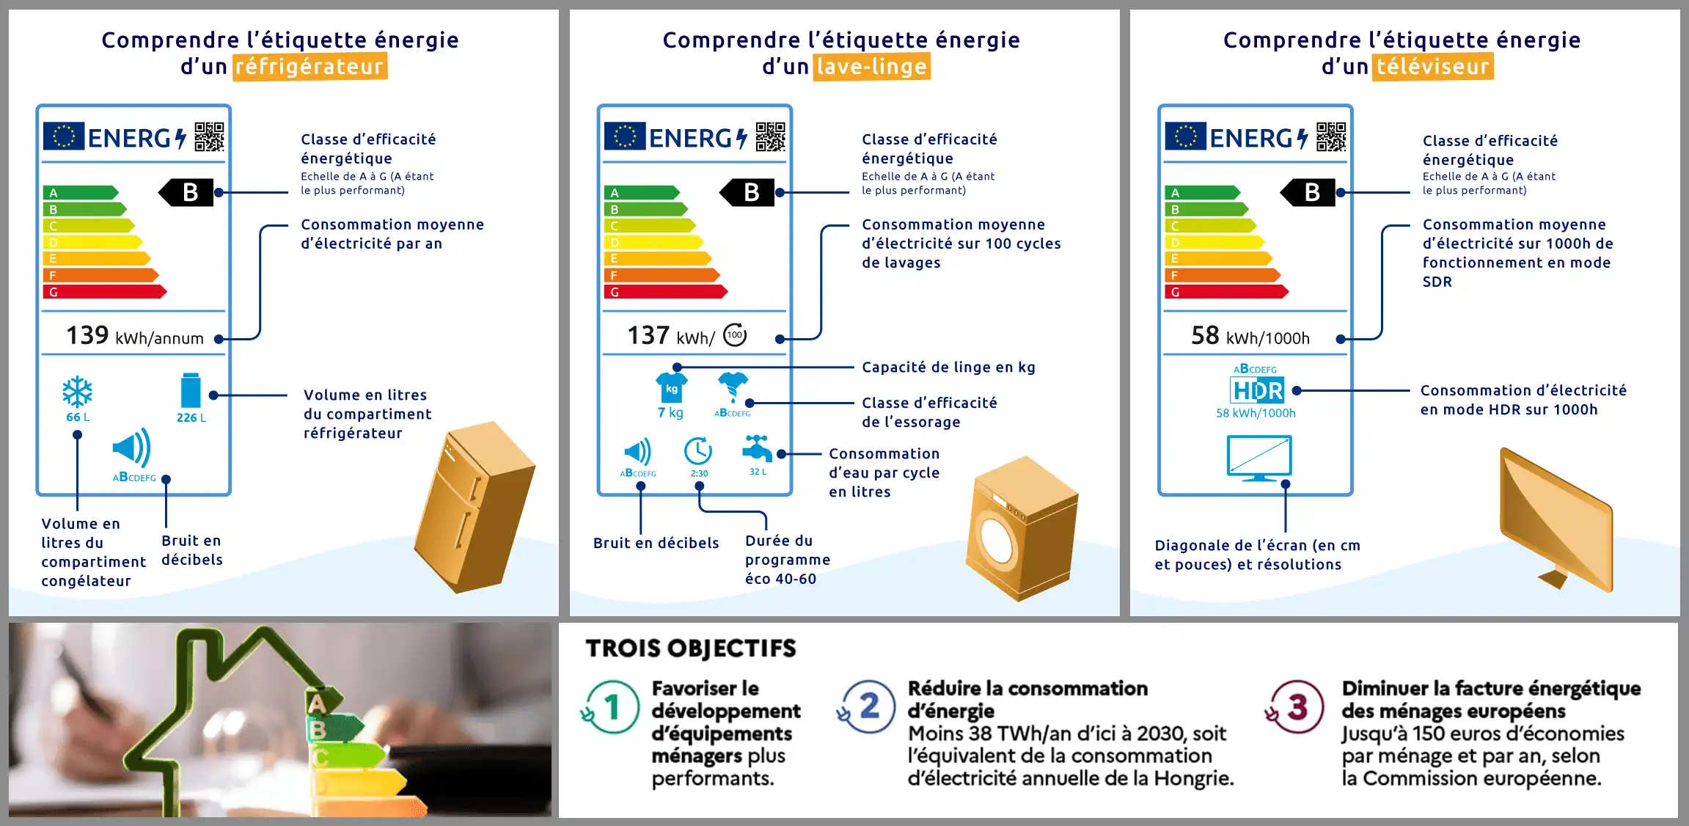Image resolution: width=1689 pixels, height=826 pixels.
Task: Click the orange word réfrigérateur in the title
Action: click(309, 67)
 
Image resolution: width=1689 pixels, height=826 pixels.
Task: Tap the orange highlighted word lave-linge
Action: click(871, 67)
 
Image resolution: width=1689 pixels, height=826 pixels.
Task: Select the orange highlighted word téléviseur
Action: click(1432, 67)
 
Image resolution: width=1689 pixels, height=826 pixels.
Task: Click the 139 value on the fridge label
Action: click(87, 336)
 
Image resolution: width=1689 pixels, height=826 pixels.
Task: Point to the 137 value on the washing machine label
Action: click(648, 336)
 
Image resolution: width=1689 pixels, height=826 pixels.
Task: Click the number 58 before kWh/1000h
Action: click(1205, 336)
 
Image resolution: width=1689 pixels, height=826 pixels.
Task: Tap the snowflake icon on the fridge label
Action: click(77, 392)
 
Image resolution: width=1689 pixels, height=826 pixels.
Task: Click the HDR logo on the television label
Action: click(1257, 390)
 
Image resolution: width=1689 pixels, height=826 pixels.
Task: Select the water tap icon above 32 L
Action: click(757, 448)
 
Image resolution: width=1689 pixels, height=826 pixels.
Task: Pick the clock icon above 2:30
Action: click(698, 451)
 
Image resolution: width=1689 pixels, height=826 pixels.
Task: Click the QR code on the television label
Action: click(1331, 136)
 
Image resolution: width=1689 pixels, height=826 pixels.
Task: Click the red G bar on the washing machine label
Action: click(664, 292)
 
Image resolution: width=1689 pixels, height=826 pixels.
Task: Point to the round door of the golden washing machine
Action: click(997, 541)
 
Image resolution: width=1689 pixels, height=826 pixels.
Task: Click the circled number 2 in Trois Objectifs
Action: click(869, 706)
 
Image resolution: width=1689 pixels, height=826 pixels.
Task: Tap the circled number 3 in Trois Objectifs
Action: click(1297, 706)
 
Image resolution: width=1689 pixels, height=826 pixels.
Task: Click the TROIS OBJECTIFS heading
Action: click(690, 648)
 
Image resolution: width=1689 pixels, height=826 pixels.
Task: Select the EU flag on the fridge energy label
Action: click(64, 136)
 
